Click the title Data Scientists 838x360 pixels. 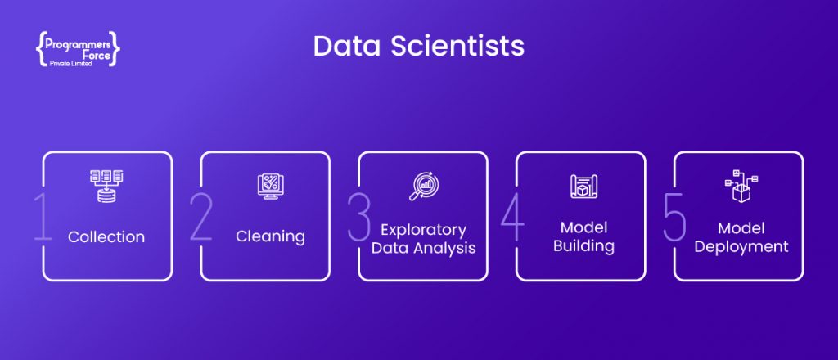418,46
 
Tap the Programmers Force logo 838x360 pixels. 79,50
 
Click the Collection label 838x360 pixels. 106,237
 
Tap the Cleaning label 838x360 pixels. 270,237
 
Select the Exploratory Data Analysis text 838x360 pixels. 423,239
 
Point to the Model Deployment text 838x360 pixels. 741,236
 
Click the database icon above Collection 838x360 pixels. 106,186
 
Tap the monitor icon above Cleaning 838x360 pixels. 269,186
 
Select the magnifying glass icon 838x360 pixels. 422,186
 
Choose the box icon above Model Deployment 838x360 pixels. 741,187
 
